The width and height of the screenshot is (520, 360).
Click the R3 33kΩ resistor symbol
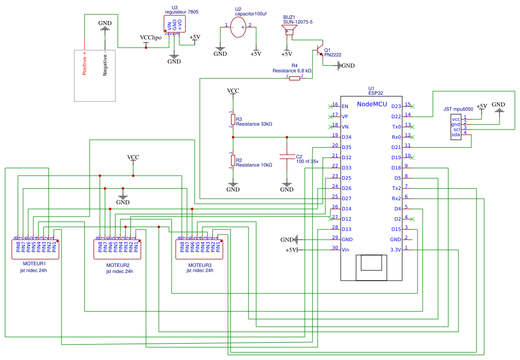[233, 119]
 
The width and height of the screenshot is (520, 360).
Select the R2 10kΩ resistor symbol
[233, 161]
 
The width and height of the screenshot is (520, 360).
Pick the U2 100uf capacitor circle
[238, 27]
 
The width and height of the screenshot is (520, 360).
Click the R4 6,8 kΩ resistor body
[295, 78]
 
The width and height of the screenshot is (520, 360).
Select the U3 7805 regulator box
[174, 24]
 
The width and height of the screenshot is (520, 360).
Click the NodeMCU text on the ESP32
[371, 104]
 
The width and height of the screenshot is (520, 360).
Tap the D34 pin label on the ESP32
[346, 137]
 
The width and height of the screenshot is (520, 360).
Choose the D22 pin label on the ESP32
[396, 116]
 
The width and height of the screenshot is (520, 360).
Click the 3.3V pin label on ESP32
[394, 249]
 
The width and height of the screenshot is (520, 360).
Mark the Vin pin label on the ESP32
[345, 249]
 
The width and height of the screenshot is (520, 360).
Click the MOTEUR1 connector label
[31, 263]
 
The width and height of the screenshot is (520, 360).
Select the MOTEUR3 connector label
[200, 264]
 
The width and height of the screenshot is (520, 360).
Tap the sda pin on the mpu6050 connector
[455, 134]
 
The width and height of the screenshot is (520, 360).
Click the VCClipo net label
[151, 38]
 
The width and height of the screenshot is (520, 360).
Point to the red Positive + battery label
[85, 62]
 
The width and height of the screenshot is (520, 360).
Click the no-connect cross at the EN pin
[330, 106]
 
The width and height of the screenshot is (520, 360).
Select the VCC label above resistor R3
[233, 91]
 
